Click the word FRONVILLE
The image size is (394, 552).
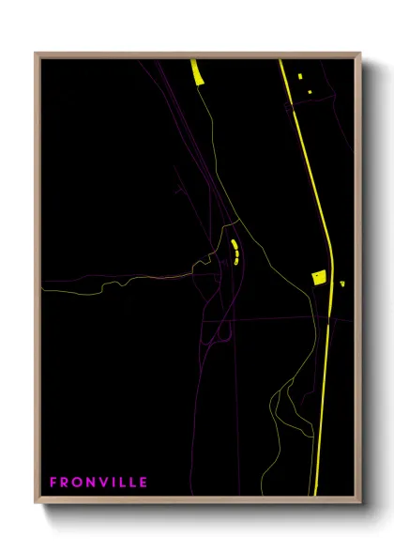click(x=98, y=483)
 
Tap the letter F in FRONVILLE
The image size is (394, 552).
click(x=54, y=483)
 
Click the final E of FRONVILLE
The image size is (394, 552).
click(x=143, y=483)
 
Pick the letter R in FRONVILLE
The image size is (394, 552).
click(x=65, y=483)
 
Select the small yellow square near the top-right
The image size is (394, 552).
click(x=300, y=76)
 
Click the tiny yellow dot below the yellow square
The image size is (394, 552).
click(x=309, y=91)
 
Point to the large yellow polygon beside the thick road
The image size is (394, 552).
click(x=318, y=277)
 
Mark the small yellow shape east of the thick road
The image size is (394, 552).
click(x=341, y=283)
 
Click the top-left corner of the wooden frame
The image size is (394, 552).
click(x=36, y=54)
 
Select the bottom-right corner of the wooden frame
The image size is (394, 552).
click(x=361, y=502)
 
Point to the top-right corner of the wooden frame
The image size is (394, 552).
click(x=361, y=54)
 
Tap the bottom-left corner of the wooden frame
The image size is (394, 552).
click(x=36, y=502)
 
